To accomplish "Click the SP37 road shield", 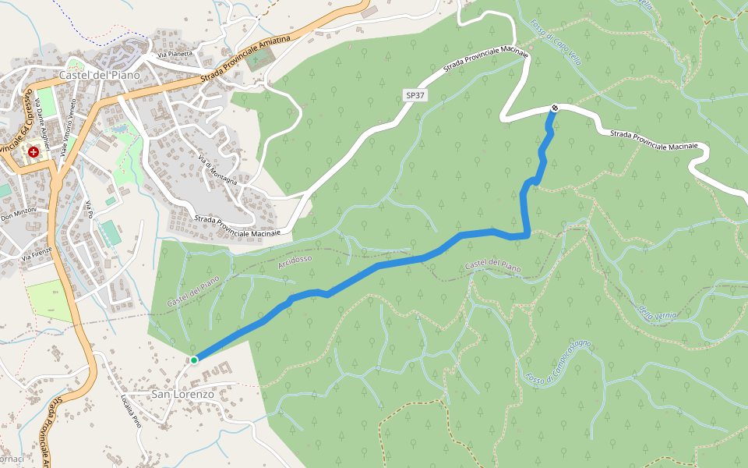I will [415, 95].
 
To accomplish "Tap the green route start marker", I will [193, 360].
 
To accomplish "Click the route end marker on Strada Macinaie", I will [555, 108].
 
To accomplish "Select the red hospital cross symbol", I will [34, 151].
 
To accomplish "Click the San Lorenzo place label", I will [182, 395].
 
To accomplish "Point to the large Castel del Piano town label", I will [99, 76].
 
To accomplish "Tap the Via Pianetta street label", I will [175, 54].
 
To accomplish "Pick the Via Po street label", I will [90, 209].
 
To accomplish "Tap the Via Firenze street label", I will [36, 254].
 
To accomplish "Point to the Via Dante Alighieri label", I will [41, 122].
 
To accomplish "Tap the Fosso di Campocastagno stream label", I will [559, 362].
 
